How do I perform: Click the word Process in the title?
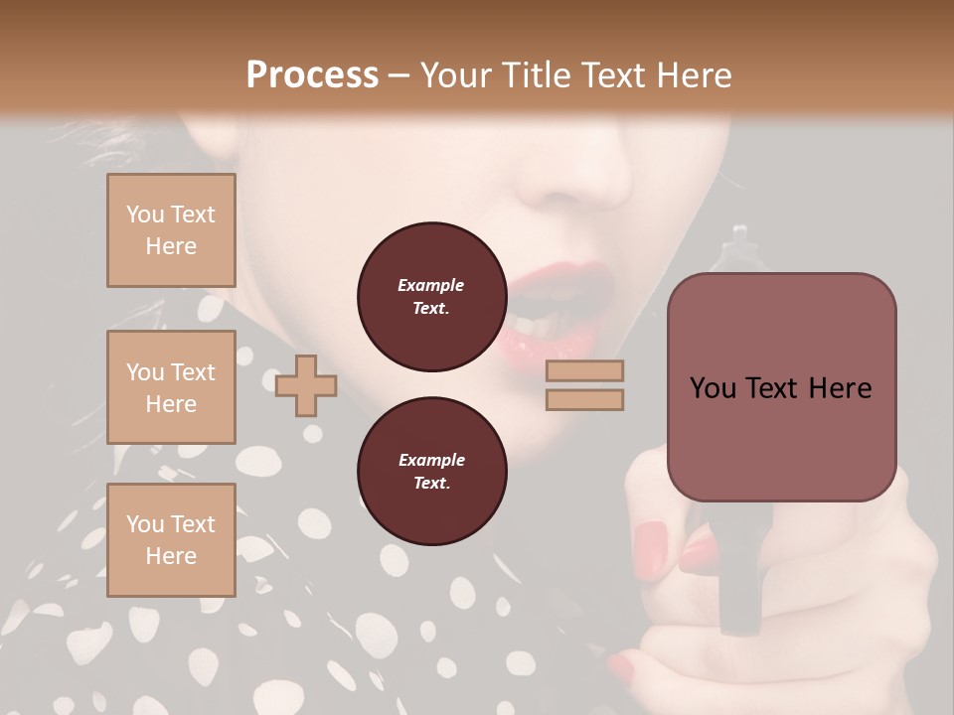(312, 75)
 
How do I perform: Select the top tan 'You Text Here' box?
(171, 230)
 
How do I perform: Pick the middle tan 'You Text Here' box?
(171, 387)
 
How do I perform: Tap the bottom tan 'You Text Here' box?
(171, 540)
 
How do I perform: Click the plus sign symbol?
(306, 384)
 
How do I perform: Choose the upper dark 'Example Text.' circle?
(431, 296)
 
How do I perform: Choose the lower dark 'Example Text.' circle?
(431, 471)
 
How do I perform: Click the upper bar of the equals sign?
(584, 370)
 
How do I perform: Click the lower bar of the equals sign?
(584, 399)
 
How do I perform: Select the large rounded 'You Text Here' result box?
(781, 387)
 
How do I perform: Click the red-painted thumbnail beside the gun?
(652, 541)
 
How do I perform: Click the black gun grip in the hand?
(739, 586)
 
